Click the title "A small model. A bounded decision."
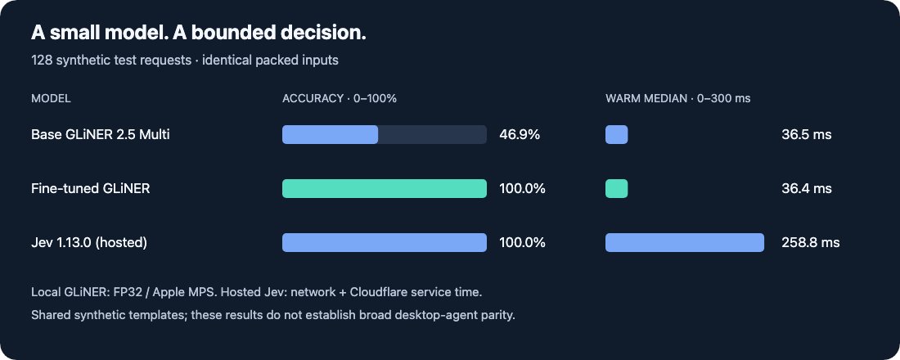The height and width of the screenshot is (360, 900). pyautogui.click(x=199, y=34)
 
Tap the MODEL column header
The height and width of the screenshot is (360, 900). pyautogui.click(x=51, y=99)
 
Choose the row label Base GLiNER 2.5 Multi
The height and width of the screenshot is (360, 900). pyautogui.click(x=101, y=134)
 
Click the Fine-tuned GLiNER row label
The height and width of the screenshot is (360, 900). pyautogui.click(x=91, y=188)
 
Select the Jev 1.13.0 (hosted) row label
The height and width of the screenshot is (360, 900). pyautogui.click(x=89, y=243)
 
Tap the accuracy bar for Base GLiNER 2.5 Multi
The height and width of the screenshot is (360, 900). pyautogui.click(x=330, y=134)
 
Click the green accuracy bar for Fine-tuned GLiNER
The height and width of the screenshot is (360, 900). pyautogui.click(x=385, y=188)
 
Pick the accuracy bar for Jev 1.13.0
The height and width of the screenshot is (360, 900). pyautogui.click(x=385, y=242)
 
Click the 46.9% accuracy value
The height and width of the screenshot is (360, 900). pyautogui.click(x=520, y=135)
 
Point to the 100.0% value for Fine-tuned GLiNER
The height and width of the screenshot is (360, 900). pyautogui.click(x=522, y=189)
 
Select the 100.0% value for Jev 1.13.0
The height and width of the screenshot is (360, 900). pyautogui.click(x=522, y=243)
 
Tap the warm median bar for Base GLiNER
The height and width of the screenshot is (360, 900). pyautogui.click(x=616, y=134)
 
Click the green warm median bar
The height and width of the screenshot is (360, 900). pyautogui.click(x=616, y=188)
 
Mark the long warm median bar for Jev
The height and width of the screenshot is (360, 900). pyautogui.click(x=685, y=242)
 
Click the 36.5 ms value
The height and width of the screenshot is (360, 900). pyautogui.click(x=807, y=135)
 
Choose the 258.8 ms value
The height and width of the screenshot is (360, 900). pyautogui.click(x=811, y=243)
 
